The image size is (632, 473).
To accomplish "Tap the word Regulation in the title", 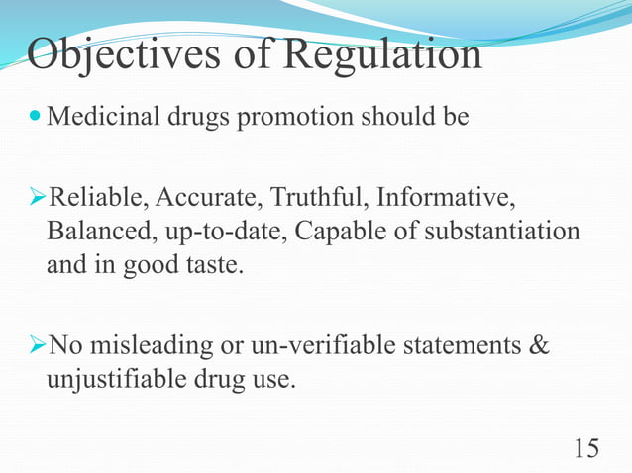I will (382, 55).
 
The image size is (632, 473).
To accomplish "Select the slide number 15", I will (585, 448).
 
